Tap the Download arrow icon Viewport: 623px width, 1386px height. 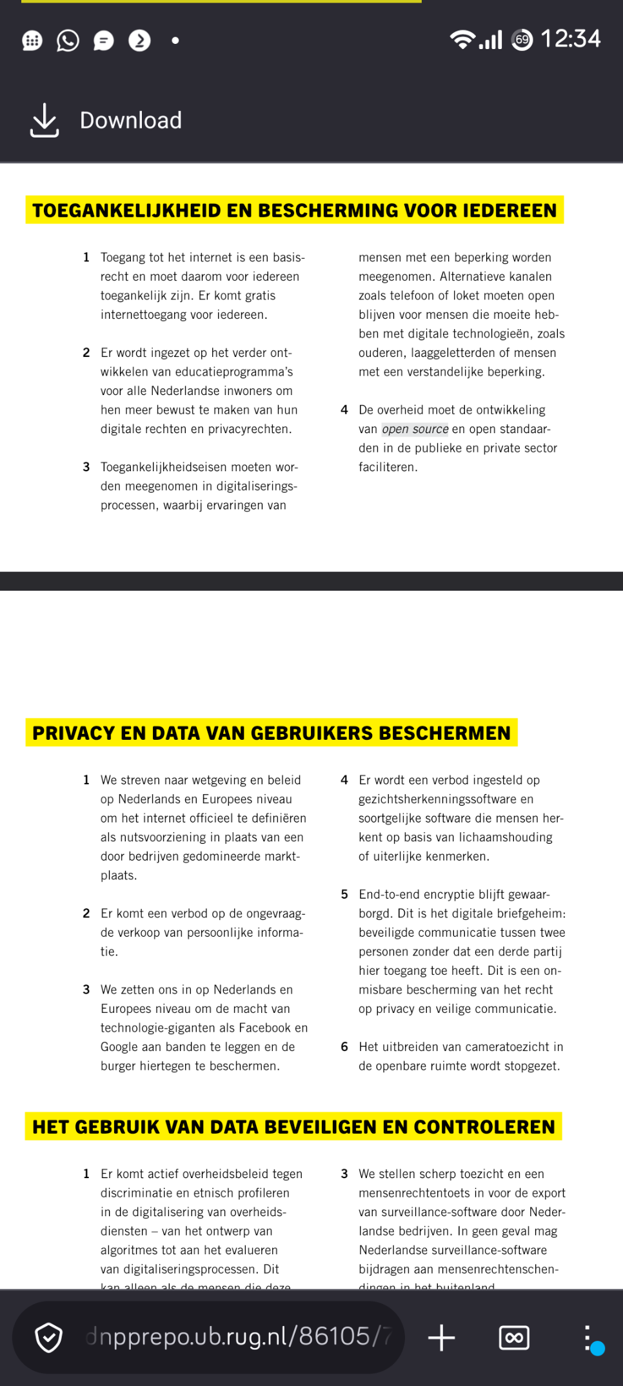tap(44, 120)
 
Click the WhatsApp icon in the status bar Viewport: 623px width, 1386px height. tap(68, 41)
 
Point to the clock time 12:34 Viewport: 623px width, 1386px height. tap(570, 39)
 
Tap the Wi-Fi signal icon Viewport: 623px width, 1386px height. tap(462, 40)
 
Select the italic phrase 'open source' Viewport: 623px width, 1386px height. tap(415, 429)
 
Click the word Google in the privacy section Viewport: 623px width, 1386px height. tap(118, 1047)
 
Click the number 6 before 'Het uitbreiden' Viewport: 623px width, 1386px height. tap(344, 1047)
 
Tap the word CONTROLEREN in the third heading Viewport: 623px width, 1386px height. tap(484, 1127)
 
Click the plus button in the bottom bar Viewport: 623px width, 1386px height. tap(442, 1338)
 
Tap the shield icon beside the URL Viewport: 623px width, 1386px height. tap(48, 1338)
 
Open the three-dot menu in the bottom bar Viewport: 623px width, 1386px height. tap(587, 1338)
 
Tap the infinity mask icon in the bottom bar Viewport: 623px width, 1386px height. tap(514, 1338)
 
